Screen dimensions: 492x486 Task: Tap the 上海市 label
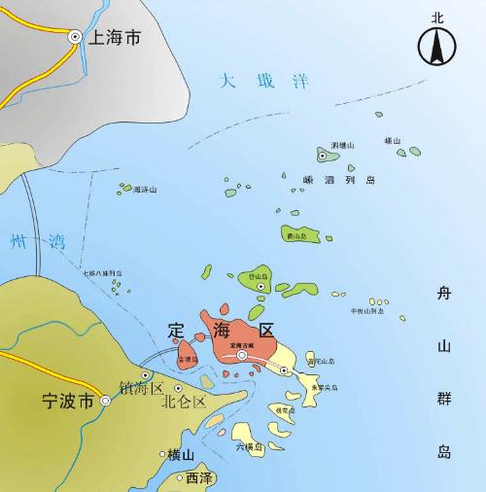coord(116,38)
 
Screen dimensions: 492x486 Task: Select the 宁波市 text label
coord(69,401)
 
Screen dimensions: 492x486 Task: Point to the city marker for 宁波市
coord(105,400)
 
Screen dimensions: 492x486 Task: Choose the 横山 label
coord(182,454)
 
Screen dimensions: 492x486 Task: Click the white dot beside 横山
coord(163,454)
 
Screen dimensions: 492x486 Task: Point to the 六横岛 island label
coord(250,447)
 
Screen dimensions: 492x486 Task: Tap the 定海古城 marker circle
coord(241,356)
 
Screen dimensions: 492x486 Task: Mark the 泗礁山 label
coord(343,145)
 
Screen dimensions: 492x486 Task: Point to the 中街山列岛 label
coord(367,311)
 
